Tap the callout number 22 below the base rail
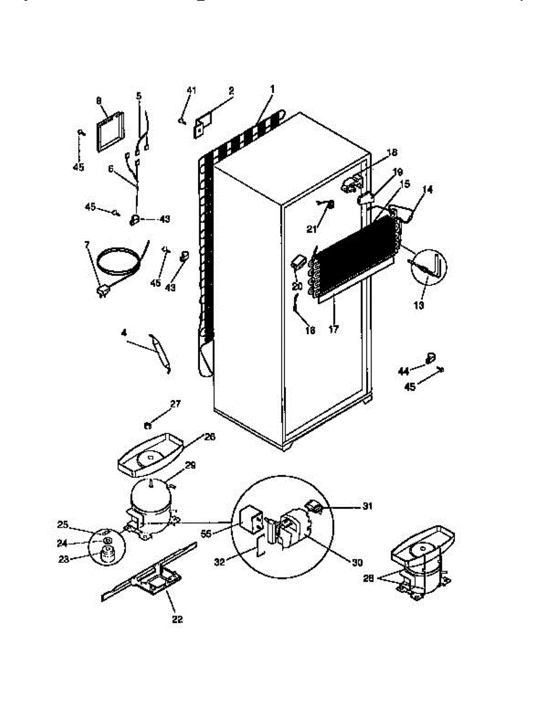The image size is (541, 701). tap(177, 619)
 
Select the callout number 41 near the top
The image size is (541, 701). tap(192, 90)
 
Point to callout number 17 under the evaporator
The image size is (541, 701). tap(334, 329)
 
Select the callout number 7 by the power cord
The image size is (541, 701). tap(88, 244)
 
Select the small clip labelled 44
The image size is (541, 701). tap(431, 356)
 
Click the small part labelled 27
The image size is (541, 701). tap(149, 422)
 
